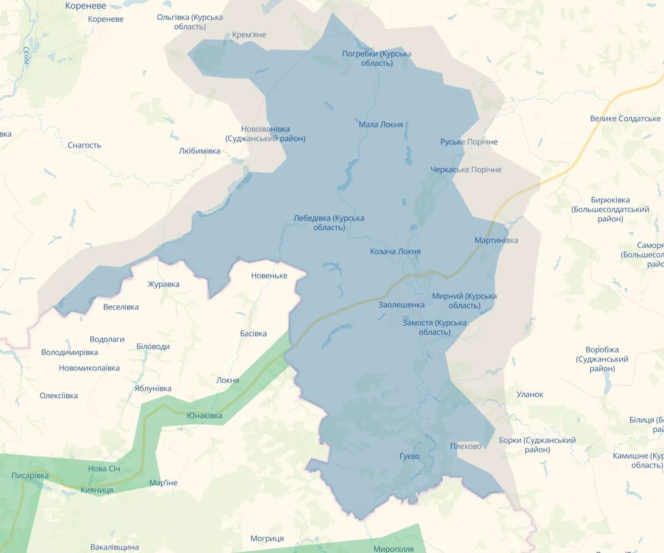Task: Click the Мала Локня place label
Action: (x=380, y=125)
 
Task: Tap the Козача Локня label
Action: (x=395, y=251)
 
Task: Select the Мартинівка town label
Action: (x=496, y=241)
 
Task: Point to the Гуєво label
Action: (x=409, y=456)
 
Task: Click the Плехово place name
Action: (x=466, y=446)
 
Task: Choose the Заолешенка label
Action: (x=402, y=305)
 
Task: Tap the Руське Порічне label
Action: (x=469, y=141)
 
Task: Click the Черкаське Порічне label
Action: (x=466, y=169)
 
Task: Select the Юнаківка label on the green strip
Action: (x=204, y=415)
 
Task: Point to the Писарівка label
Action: (x=30, y=476)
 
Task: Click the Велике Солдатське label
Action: (x=625, y=118)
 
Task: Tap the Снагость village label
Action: (x=85, y=145)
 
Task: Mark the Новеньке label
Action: (x=269, y=276)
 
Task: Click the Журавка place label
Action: (x=163, y=284)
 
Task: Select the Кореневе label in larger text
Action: (x=85, y=6)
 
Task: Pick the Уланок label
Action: (x=530, y=394)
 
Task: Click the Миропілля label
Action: (x=394, y=549)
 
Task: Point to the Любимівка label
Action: (x=200, y=150)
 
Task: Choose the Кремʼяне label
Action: (x=249, y=34)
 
